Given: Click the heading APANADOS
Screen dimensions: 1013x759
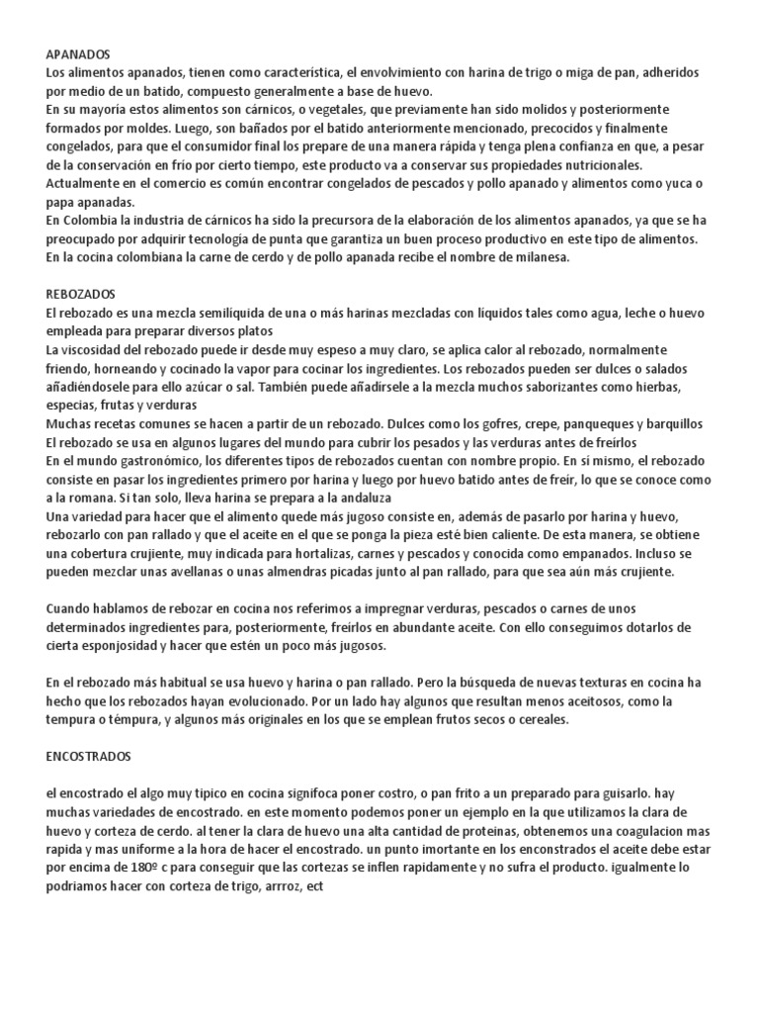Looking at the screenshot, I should point(78,54).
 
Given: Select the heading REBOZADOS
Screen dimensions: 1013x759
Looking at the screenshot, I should point(81,295).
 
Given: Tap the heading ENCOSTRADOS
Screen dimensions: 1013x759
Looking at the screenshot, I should point(88,757).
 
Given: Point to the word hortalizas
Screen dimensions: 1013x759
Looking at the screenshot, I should point(326,553).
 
